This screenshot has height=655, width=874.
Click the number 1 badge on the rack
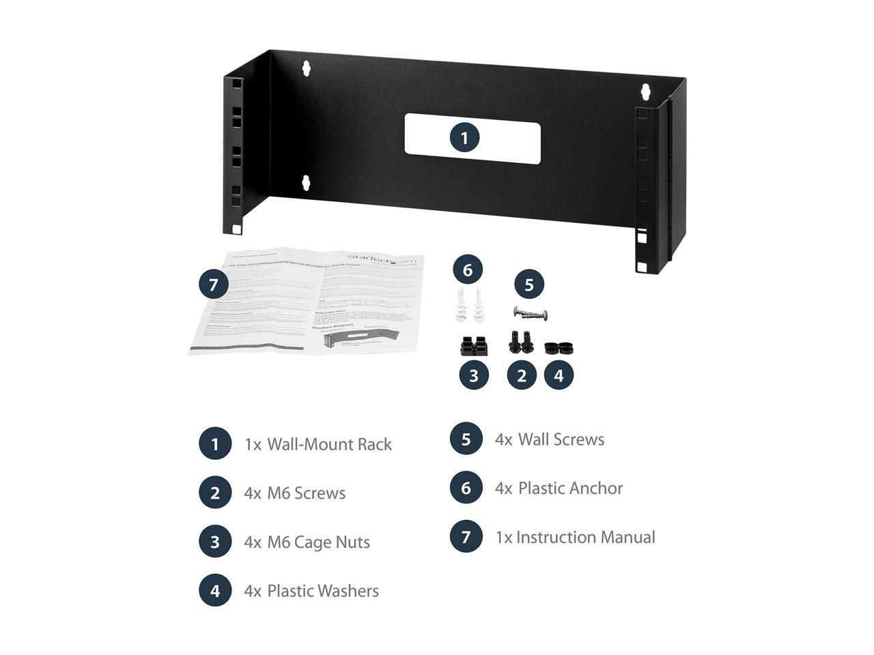click(x=464, y=138)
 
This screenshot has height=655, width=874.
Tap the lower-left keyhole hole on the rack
click(x=306, y=182)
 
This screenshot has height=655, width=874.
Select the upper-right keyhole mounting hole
click(x=644, y=90)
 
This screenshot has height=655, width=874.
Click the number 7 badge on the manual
click(x=214, y=284)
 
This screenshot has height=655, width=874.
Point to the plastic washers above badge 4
click(x=558, y=347)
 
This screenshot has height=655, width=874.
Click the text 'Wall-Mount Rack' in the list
click(x=329, y=444)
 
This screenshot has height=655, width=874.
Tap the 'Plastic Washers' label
click(x=322, y=591)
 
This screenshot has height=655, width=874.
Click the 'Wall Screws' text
click(x=561, y=439)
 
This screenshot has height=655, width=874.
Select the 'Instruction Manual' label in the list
click(x=585, y=537)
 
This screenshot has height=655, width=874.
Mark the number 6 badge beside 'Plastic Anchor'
click(x=466, y=488)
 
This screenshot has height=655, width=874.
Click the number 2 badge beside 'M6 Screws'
click(x=215, y=493)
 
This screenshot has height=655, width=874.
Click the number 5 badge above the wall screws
click(x=529, y=285)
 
